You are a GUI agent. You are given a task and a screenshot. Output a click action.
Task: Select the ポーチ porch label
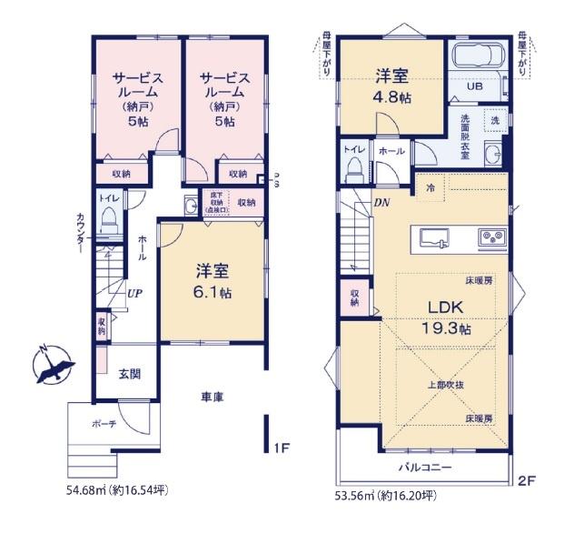coord(103,423)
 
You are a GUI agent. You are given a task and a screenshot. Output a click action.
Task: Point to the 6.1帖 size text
coord(214,293)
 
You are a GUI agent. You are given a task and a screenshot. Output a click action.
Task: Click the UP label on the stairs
coord(134,294)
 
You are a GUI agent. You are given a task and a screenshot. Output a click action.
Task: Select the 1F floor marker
coord(281,448)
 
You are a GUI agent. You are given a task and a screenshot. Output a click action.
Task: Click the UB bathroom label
coord(475,86)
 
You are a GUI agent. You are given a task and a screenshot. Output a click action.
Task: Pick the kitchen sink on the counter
coord(434,237)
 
